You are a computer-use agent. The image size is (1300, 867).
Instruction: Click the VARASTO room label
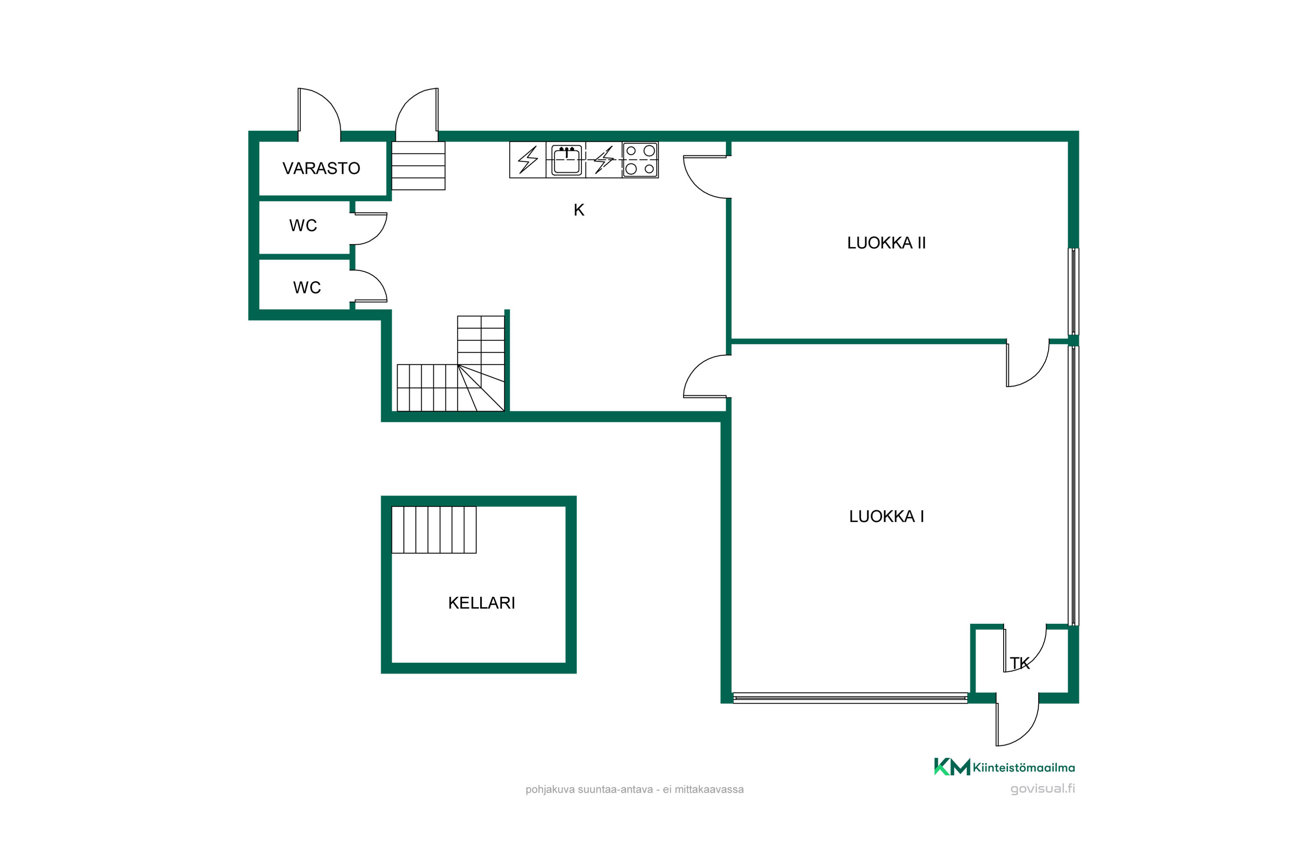tap(321, 168)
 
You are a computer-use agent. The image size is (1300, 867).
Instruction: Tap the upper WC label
tap(303, 225)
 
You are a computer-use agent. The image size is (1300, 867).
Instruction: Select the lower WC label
tap(307, 287)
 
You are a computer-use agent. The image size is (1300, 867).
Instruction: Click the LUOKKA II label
tap(886, 243)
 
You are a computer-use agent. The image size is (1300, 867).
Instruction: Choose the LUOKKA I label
tap(886, 516)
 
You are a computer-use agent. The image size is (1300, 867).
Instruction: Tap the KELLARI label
tap(481, 603)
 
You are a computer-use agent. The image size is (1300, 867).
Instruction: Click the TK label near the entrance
tap(1020, 663)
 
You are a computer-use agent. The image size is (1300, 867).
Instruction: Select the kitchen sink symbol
tap(566, 160)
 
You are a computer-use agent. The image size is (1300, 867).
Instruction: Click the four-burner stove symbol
tap(640, 160)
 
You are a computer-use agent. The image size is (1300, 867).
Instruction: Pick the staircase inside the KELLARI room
tap(434, 530)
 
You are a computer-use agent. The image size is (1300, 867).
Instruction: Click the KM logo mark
tap(952, 767)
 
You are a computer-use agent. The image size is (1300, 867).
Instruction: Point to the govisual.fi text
tap(1043, 789)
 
